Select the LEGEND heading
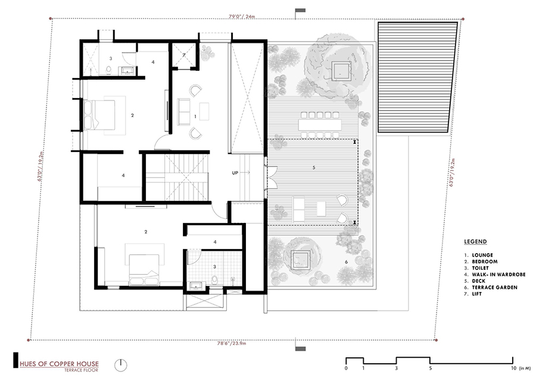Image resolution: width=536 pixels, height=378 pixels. [x=476, y=242]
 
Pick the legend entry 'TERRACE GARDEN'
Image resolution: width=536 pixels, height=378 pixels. [x=493, y=287]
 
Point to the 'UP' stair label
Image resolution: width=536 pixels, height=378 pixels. [x=236, y=173]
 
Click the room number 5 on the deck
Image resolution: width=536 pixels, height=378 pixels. [x=313, y=168]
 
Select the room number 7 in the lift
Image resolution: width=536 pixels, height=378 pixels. [x=185, y=55]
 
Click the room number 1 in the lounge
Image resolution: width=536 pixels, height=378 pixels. [x=195, y=116]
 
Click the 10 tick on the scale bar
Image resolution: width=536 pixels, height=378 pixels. [x=513, y=368]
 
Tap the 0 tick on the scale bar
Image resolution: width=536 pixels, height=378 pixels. [x=347, y=368]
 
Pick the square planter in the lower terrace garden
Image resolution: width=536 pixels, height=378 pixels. [x=300, y=259]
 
